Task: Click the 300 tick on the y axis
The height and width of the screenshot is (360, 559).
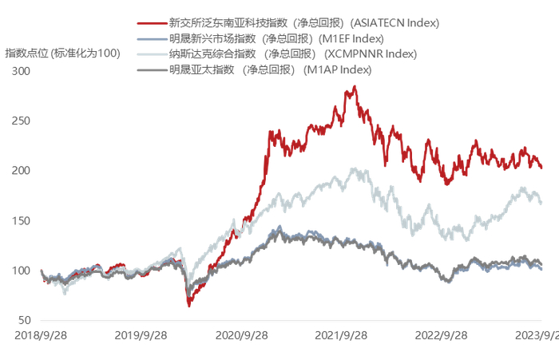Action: pyautogui.click(x=20, y=71)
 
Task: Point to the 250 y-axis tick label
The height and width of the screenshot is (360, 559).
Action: pyautogui.click(x=20, y=121)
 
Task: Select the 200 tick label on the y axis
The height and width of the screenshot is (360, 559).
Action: pyautogui.click(x=20, y=171)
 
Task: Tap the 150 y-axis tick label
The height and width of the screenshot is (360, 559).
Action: pyautogui.click(x=20, y=221)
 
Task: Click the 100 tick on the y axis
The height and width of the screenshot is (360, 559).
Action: pyautogui.click(x=20, y=271)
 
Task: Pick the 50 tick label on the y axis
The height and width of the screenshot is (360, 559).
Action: pyautogui.click(x=23, y=321)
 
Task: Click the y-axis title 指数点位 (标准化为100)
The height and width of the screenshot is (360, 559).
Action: pyautogui.click(x=62, y=53)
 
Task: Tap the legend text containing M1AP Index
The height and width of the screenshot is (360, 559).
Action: pyautogui.click(x=271, y=70)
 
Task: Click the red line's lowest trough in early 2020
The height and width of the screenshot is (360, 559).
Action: pyautogui.click(x=189, y=305)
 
